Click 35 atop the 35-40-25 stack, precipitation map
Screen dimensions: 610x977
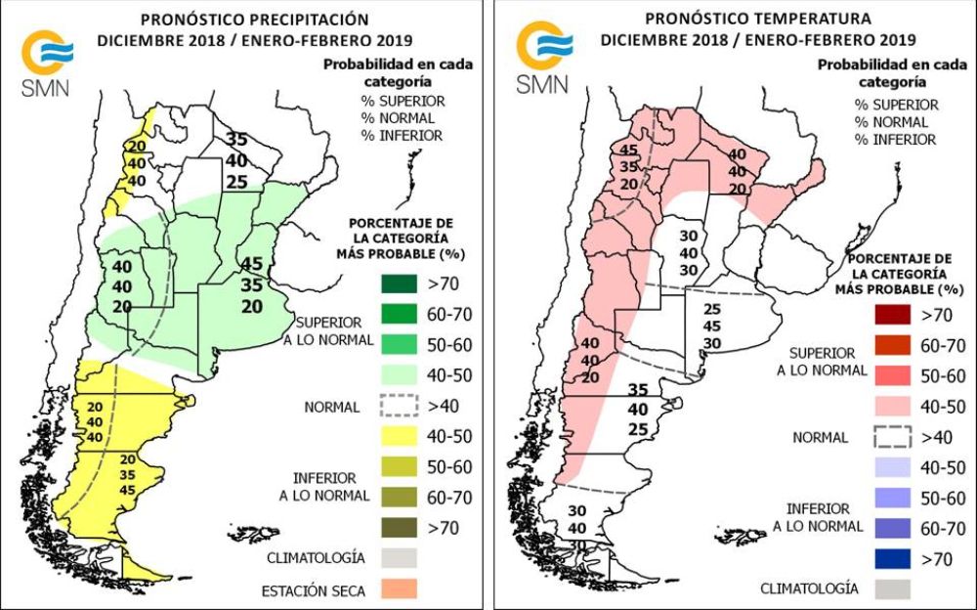[237, 138]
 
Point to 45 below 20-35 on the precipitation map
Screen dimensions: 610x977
[127, 489]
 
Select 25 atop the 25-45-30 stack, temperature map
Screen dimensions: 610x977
[711, 309]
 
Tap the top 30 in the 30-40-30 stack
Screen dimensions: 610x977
[690, 235]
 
